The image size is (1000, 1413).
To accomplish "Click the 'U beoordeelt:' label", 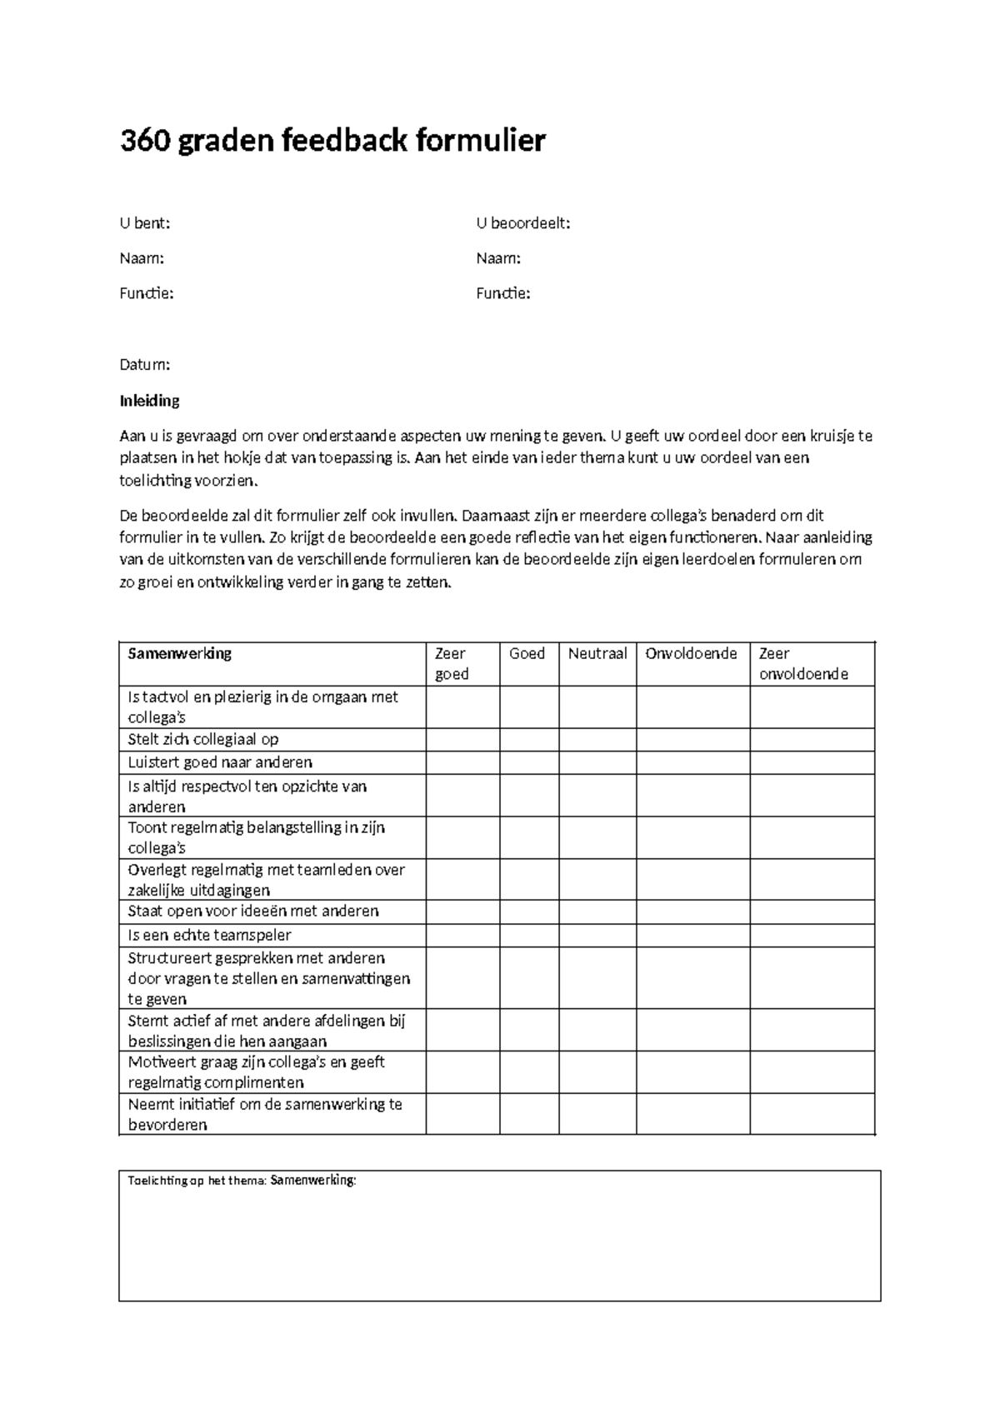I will tap(523, 223).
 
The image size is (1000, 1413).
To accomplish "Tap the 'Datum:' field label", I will tap(145, 365).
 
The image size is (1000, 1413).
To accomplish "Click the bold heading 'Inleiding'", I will tap(150, 401).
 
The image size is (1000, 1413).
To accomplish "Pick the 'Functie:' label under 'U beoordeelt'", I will tap(503, 293).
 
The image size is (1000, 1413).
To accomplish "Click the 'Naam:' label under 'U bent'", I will tap(142, 258).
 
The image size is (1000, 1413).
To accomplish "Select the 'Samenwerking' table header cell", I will tap(180, 654).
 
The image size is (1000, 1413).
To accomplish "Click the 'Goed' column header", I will tap(527, 654).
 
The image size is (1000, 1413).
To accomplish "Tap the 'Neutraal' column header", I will tap(597, 654).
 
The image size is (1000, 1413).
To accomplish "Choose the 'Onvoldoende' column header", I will tap(692, 654).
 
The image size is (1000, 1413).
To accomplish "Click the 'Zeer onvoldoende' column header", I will tap(803, 664).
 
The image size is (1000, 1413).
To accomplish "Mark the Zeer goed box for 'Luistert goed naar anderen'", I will tap(462, 762).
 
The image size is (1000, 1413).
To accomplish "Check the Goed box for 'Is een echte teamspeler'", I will tap(529, 935).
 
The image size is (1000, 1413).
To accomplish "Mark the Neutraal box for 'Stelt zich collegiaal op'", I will tap(597, 740).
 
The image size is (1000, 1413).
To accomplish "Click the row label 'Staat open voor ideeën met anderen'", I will tap(253, 911).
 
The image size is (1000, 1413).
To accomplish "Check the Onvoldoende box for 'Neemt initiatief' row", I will tap(692, 1114).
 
